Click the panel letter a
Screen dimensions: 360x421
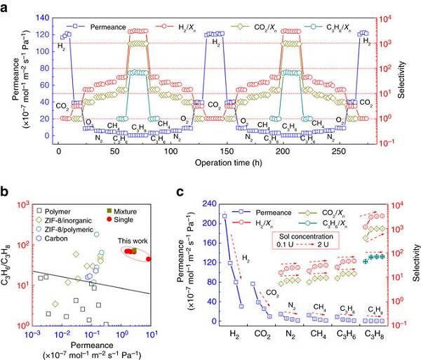6,6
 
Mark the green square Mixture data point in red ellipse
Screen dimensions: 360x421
133,251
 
